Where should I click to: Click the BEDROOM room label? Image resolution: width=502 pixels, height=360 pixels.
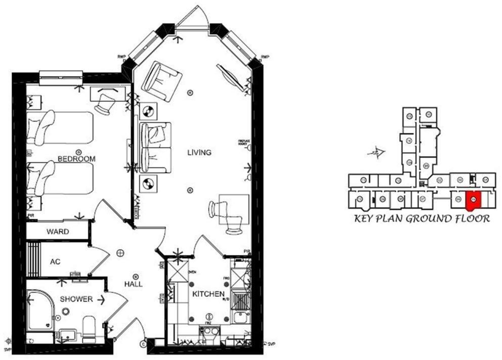tap(76, 159)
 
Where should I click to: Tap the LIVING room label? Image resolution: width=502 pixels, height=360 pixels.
tap(199, 153)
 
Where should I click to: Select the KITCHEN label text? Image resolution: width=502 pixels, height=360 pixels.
tap(208, 294)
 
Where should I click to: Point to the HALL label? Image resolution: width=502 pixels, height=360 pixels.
tap(133, 284)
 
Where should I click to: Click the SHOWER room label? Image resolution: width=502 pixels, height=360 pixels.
tap(76, 299)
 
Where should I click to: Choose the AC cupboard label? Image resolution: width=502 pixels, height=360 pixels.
tap(55, 262)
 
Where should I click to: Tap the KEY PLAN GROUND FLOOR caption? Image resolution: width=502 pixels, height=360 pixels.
tap(422, 219)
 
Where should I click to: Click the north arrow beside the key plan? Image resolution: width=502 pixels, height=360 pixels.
tap(377, 151)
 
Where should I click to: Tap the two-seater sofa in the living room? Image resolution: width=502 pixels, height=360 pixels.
tap(155, 147)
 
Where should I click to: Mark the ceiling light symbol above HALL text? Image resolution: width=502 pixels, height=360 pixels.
tap(136, 276)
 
